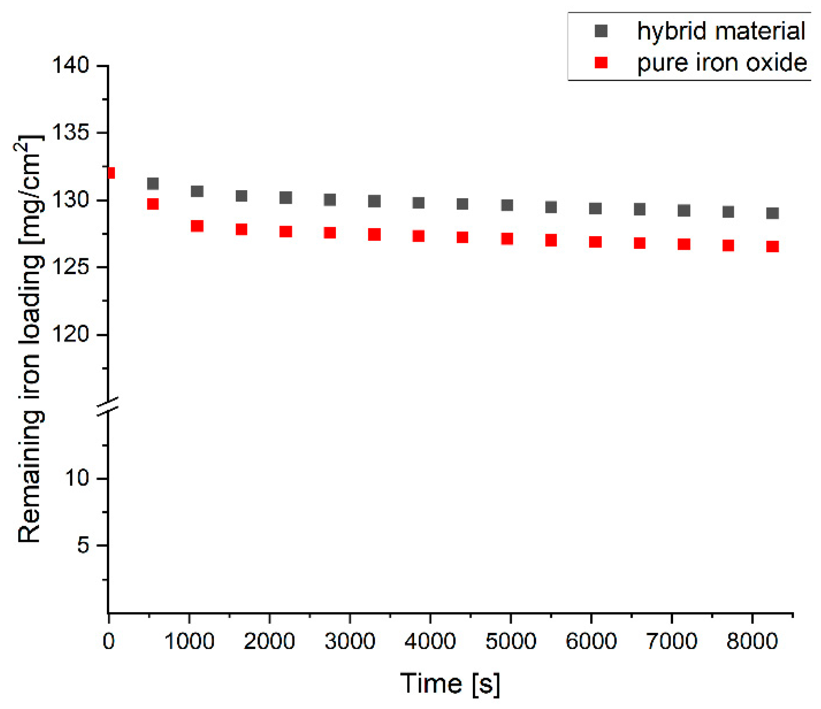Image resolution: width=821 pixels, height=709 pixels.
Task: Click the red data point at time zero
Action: (x=111, y=173)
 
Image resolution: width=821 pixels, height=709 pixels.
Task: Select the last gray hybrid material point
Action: (x=772, y=213)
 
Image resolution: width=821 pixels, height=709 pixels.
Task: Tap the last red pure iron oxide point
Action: (x=772, y=246)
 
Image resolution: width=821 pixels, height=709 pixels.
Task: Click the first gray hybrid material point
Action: (x=153, y=183)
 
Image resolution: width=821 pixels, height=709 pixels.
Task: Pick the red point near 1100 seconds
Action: (x=197, y=226)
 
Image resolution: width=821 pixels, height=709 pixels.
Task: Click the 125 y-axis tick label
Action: (x=71, y=267)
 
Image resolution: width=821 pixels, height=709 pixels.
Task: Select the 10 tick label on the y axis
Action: (x=77, y=478)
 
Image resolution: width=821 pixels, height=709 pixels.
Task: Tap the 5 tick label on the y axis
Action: (x=83, y=545)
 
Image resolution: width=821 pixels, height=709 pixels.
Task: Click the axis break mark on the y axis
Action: (x=108, y=406)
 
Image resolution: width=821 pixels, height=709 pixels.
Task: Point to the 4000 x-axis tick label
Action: (x=430, y=641)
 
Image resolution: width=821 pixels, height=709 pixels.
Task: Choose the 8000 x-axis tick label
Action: (x=752, y=641)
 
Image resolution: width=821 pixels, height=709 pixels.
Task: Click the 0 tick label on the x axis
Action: (x=109, y=641)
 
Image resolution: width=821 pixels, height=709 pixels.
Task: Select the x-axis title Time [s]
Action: (x=450, y=683)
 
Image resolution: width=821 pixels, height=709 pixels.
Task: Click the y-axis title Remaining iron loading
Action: (x=30, y=338)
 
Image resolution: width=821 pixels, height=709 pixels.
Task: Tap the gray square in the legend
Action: (x=601, y=31)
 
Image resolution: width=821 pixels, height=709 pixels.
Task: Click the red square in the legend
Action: (x=601, y=63)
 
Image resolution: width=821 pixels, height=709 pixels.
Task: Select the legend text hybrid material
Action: (x=721, y=31)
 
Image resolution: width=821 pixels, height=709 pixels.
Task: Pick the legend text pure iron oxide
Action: (x=722, y=63)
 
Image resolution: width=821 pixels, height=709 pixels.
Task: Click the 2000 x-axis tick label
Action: (x=269, y=641)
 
